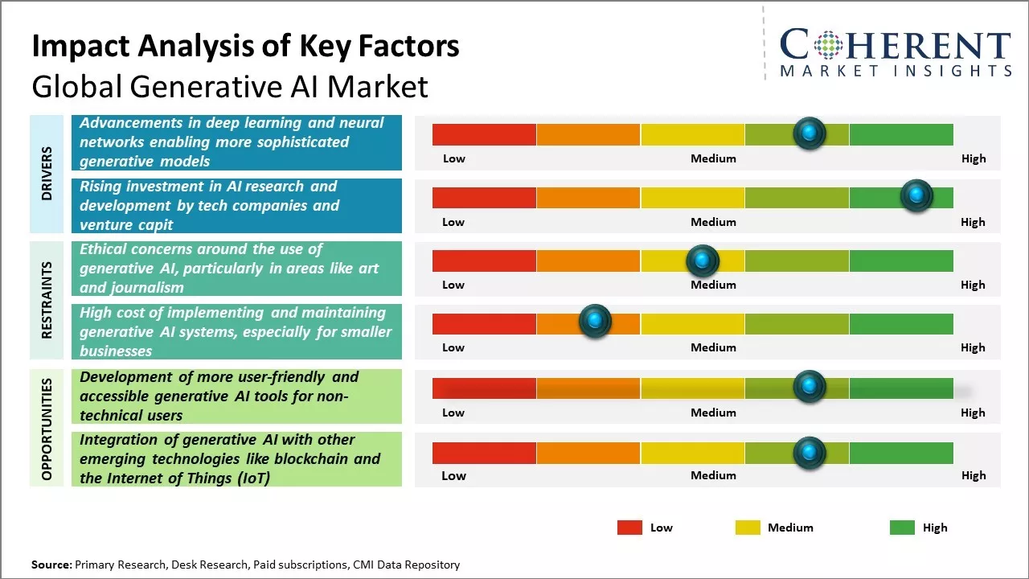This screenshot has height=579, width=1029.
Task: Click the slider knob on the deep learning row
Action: pyautogui.click(x=809, y=133)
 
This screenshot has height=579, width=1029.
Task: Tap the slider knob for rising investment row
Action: pyautogui.click(x=916, y=196)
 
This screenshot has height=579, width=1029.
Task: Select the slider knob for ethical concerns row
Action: pyautogui.click(x=702, y=261)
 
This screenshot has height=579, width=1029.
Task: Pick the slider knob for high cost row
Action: pyautogui.click(x=595, y=322)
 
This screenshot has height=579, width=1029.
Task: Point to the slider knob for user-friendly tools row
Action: pyautogui.click(x=809, y=387)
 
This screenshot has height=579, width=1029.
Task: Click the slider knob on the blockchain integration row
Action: pyautogui.click(x=809, y=453)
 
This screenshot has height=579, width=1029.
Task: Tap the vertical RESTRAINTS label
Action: pyautogui.click(x=47, y=299)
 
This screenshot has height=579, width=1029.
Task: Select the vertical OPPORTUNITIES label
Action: pyautogui.click(x=47, y=429)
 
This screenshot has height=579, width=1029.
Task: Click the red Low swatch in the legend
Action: pyautogui.click(x=629, y=528)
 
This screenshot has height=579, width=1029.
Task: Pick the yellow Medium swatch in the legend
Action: pyautogui.click(x=748, y=528)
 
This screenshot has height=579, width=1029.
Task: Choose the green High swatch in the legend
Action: pyautogui.click(x=902, y=528)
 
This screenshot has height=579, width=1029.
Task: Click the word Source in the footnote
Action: pyautogui.click(x=51, y=565)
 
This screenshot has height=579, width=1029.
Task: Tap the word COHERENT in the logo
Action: pyautogui.click(x=895, y=47)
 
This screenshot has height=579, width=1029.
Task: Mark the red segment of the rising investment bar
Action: pyautogui.click(x=484, y=198)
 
